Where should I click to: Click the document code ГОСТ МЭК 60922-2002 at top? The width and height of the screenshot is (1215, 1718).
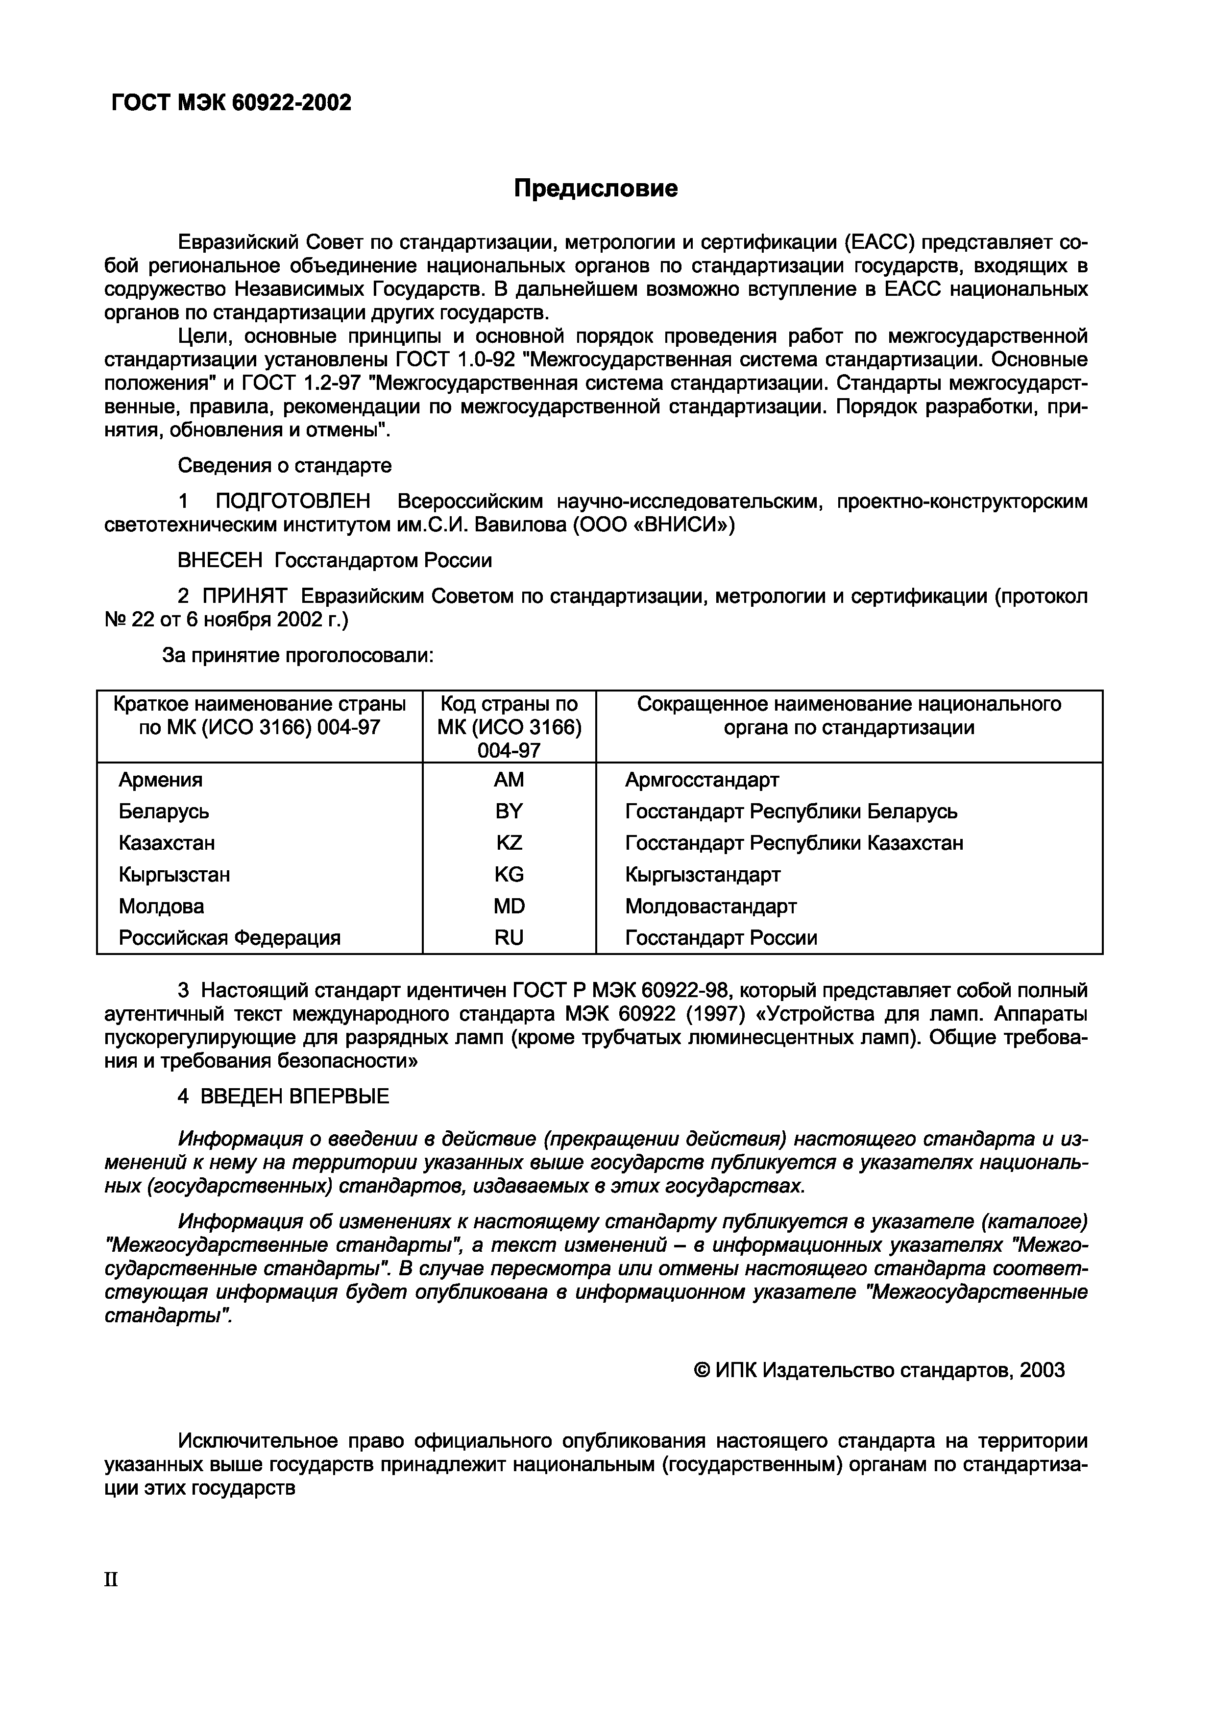tap(231, 102)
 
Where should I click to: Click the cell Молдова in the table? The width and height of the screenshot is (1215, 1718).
tap(161, 906)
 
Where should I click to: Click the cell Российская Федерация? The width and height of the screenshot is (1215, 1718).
tap(229, 937)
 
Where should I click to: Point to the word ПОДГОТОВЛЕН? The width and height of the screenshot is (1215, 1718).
tap(292, 501)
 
